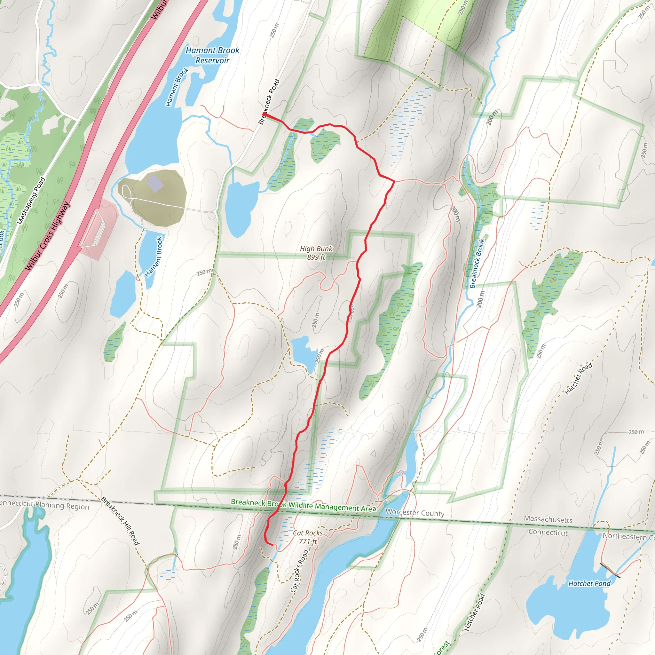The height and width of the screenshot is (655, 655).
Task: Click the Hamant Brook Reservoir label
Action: tap(212, 55)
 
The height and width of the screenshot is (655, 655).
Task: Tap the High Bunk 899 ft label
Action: tap(316, 253)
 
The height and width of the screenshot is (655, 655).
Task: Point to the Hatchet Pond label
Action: tap(589, 583)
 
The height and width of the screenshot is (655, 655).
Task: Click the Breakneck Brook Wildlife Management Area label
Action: tap(304, 505)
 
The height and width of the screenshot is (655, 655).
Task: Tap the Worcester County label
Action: tap(414, 513)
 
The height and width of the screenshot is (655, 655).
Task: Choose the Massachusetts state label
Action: tap(548, 519)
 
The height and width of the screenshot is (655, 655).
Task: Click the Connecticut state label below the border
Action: tap(548, 532)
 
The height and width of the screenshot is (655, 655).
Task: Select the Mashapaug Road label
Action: tap(31, 201)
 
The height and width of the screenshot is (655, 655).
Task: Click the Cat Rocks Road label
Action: tap(299, 571)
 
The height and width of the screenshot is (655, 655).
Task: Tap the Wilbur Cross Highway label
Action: tap(47, 236)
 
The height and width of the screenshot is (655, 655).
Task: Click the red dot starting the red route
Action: tap(264, 114)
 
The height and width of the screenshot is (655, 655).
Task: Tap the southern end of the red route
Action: tap(272, 545)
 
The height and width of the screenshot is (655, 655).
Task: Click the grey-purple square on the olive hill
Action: tap(154, 183)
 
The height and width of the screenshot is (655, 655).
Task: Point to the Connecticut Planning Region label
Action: tap(44, 505)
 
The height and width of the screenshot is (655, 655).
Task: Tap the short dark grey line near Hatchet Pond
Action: tap(610, 570)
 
